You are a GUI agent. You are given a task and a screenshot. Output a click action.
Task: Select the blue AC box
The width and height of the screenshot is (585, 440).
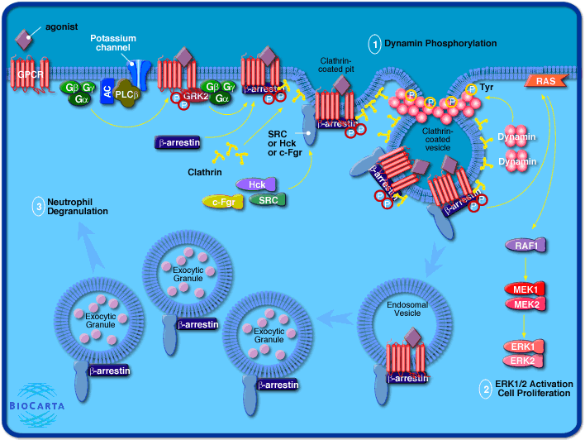coord(107,93)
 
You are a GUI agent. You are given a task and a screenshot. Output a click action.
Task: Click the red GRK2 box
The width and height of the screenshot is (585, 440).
coord(195,97)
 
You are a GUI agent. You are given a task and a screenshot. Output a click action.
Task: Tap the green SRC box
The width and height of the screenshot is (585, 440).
coord(268,200)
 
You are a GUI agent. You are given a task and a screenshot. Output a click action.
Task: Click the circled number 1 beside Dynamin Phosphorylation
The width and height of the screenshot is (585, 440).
coord(374,42)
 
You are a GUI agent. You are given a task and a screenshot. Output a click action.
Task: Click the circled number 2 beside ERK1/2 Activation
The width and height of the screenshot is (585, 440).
coord(485,387)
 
